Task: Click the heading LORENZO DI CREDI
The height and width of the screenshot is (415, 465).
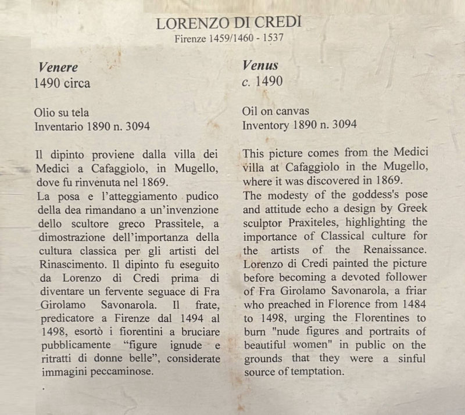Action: [x=230, y=24]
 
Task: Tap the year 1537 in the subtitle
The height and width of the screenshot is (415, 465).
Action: [x=273, y=39]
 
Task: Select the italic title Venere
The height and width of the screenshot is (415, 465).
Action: [x=58, y=67]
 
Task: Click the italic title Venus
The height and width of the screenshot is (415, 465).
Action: [x=260, y=66]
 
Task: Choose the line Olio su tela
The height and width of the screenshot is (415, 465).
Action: [x=62, y=112]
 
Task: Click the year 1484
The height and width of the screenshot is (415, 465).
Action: [x=414, y=304]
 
